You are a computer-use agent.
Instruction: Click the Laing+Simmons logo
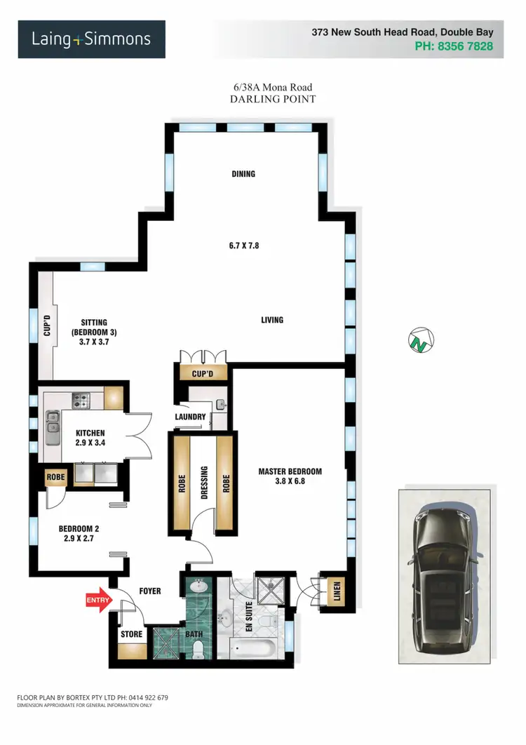[x=91, y=39]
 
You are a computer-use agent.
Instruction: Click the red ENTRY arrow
[x=97, y=600]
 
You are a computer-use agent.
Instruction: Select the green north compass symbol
[x=421, y=342]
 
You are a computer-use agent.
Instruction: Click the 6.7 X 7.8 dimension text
[x=249, y=246]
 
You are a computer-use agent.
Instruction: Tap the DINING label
[x=244, y=174]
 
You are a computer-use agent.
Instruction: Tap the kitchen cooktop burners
[x=81, y=401]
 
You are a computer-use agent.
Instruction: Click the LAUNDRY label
[x=190, y=417]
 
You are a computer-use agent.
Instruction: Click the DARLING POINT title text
[x=273, y=100]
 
